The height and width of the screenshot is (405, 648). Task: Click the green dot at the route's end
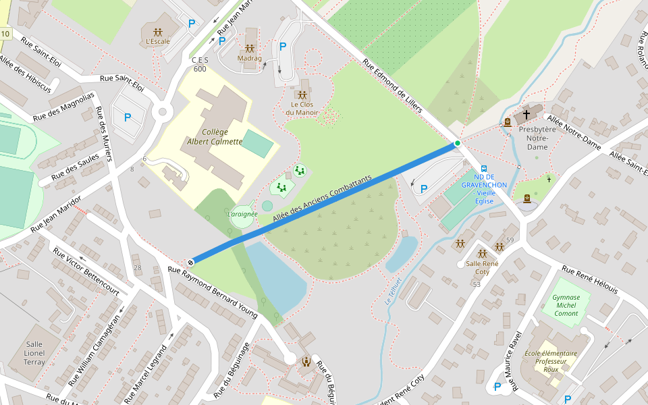pos(457,143)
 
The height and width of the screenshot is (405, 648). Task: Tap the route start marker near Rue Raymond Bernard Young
pos(191,262)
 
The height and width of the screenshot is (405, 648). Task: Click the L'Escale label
pos(158,41)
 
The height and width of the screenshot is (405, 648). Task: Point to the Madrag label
pos(249,58)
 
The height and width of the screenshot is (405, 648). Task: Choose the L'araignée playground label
pos(242,214)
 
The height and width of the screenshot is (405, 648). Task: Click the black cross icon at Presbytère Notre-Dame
pos(526,115)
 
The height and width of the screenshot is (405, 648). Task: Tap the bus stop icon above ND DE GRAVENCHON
pos(483,169)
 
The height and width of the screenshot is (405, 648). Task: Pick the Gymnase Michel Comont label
pos(566,305)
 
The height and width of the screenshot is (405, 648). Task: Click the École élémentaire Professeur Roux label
pos(551,361)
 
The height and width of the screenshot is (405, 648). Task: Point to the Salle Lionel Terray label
pos(34,353)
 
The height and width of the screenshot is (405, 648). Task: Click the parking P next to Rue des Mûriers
pos(127,117)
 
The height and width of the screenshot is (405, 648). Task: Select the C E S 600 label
pos(200,65)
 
